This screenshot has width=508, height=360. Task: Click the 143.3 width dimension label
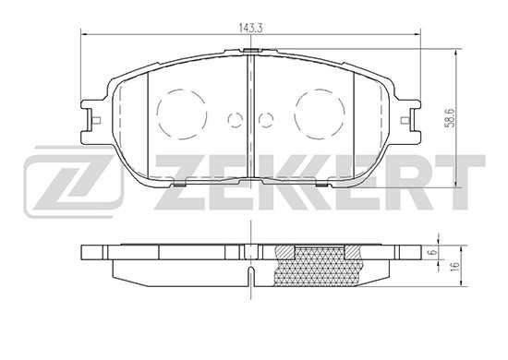(x=250, y=28)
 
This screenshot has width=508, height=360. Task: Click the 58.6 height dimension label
(x=452, y=118)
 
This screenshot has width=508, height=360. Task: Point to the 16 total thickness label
(x=454, y=266)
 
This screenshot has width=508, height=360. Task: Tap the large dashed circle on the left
(x=181, y=114)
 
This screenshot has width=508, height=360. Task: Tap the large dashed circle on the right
(x=320, y=114)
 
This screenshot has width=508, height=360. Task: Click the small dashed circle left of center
(x=236, y=119)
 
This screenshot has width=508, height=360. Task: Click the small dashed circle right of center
(x=266, y=119)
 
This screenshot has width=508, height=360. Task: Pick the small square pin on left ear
(x=97, y=120)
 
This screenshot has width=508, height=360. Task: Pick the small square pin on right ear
(x=405, y=120)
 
